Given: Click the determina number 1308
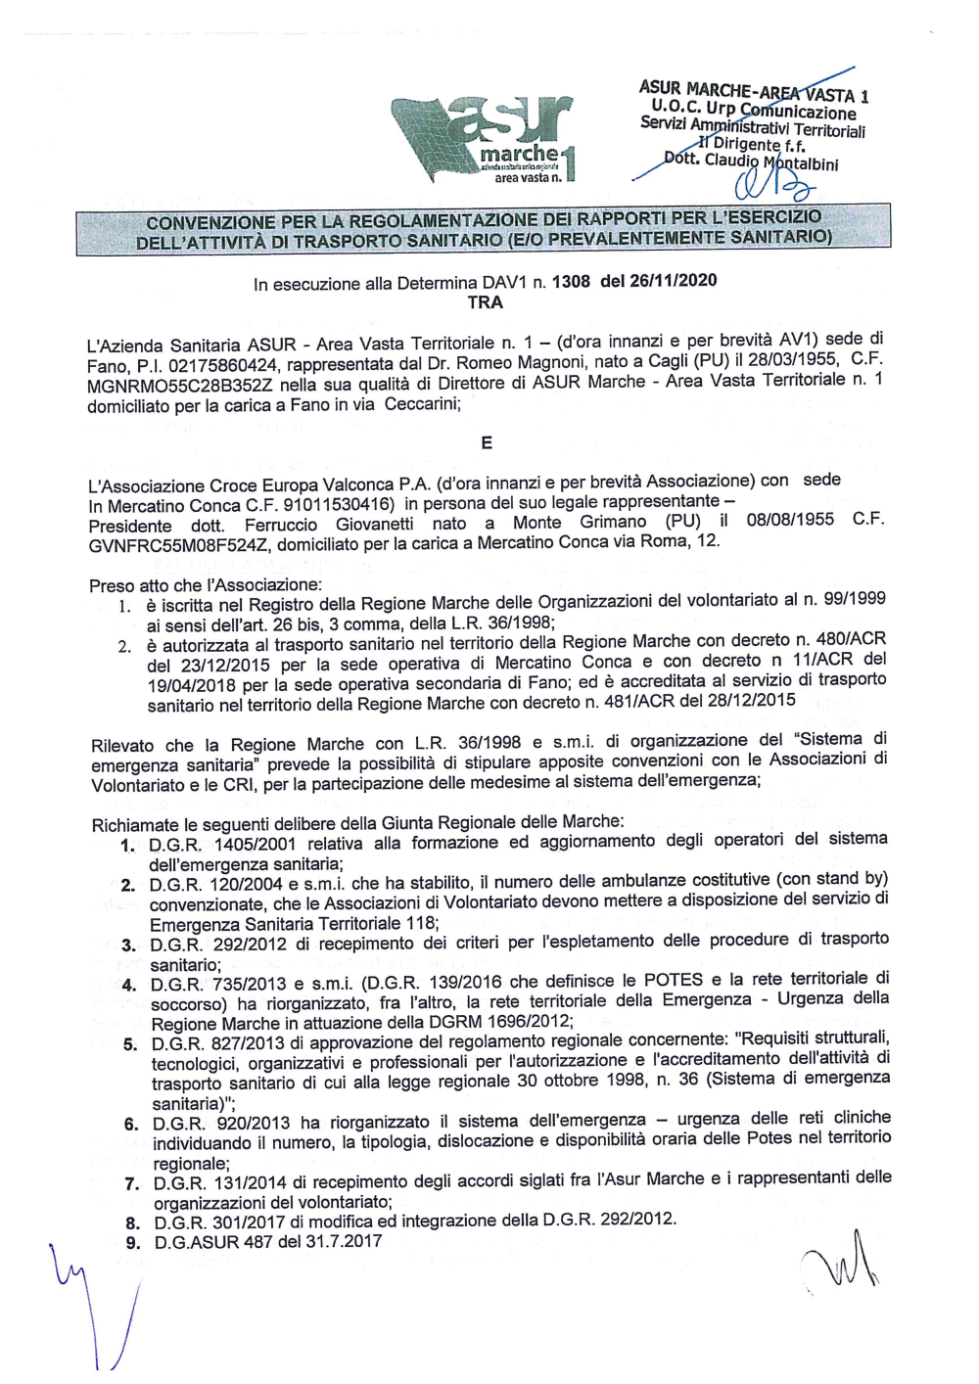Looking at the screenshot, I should pyautogui.click(x=571, y=283).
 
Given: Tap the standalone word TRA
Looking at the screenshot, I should pyautogui.click(x=486, y=303).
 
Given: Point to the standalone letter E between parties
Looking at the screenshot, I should pyautogui.click(x=487, y=443).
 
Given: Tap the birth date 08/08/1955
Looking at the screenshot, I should pyautogui.click(x=790, y=520).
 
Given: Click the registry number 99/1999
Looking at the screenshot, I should pyautogui.click(x=851, y=599).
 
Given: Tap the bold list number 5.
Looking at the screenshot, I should pyautogui.click(x=130, y=1044).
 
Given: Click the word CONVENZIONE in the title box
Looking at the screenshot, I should pyautogui.click(x=210, y=223).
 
